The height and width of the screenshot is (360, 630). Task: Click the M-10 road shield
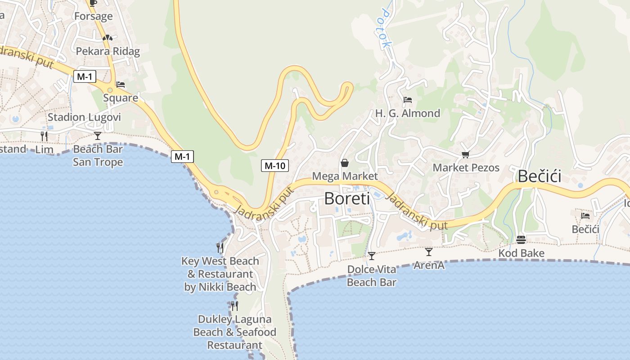(x=274, y=166)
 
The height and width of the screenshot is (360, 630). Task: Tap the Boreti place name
(x=346, y=198)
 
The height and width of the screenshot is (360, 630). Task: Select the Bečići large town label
(x=539, y=176)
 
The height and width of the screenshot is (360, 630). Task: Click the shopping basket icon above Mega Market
(x=345, y=163)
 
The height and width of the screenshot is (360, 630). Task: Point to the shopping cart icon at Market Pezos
(x=465, y=155)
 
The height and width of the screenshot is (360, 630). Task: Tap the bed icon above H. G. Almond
(x=408, y=100)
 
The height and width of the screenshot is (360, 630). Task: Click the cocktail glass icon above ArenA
(x=429, y=252)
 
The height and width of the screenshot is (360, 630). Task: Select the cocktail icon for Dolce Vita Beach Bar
(x=372, y=256)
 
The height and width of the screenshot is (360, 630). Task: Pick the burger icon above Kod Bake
(x=521, y=240)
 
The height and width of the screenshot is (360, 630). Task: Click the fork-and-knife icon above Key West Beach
(x=220, y=247)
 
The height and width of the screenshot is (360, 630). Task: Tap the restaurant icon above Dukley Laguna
(x=234, y=306)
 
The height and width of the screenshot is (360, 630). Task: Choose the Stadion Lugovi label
(x=84, y=117)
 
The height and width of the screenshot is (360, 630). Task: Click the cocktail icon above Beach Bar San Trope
(x=98, y=135)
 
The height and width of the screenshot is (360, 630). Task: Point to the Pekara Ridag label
(x=108, y=51)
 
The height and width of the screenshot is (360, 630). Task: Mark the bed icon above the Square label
(x=121, y=85)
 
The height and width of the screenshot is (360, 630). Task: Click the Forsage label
(x=93, y=17)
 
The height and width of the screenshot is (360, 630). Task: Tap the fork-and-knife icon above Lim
(x=44, y=136)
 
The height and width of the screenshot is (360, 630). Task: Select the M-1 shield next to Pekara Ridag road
(x=85, y=76)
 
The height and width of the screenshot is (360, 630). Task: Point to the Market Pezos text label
(x=466, y=168)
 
